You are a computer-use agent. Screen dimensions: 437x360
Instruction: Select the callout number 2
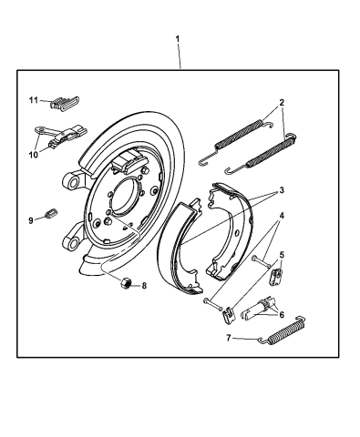pos(283,103)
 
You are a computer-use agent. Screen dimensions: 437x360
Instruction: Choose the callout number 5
pos(282,255)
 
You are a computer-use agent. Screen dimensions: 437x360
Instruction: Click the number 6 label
pos(281,315)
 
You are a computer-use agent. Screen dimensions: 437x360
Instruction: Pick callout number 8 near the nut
pos(144,285)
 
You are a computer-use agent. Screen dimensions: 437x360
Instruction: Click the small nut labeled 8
pos(124,283)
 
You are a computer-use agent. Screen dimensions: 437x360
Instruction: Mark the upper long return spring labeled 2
pos(242,135)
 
